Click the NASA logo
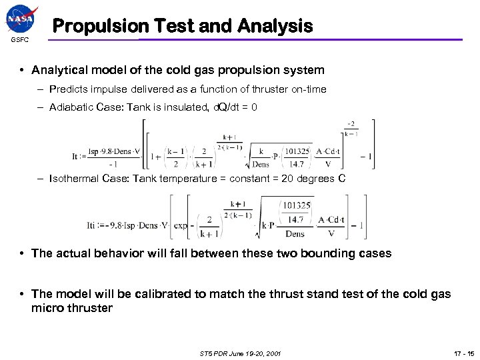pyautogui.click(x=22, y=19)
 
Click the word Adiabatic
pyautogui.click(x=71, y=107)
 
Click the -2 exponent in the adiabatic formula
pyautogui.click(x=350, y=124)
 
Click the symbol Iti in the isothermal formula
pyautogui.click(x=93, y=225)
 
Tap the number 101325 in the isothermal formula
pyautogui.click(x=295, y=205)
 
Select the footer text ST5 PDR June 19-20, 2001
pyautogui.click(x=239, y=353)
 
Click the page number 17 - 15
pyautogui.click(x=457, y=353)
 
